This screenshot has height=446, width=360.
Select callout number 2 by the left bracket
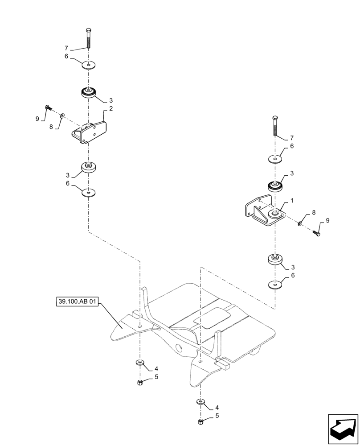tap(111, 108)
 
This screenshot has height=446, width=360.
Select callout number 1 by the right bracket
tap(292, 201)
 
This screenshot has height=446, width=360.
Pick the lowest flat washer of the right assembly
tap(275, 284)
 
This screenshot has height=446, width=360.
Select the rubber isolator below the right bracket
tap(275, 260)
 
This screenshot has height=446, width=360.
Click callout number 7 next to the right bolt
tap(292, 138)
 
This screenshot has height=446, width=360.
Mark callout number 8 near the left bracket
tap(51, 127)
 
